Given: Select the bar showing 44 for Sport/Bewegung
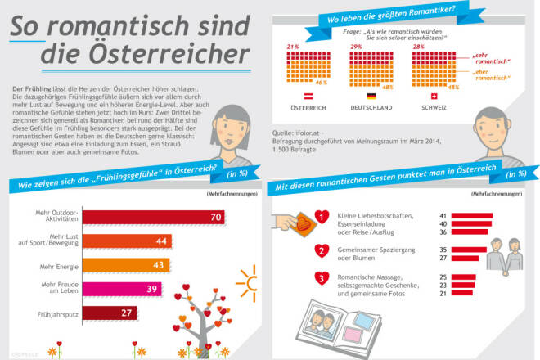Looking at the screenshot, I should click(126, 241).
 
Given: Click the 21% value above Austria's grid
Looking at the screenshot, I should click(291, 47).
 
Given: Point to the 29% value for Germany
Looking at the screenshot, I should click(356, 47).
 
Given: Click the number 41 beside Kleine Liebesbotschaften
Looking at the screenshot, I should click(442, 214).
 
